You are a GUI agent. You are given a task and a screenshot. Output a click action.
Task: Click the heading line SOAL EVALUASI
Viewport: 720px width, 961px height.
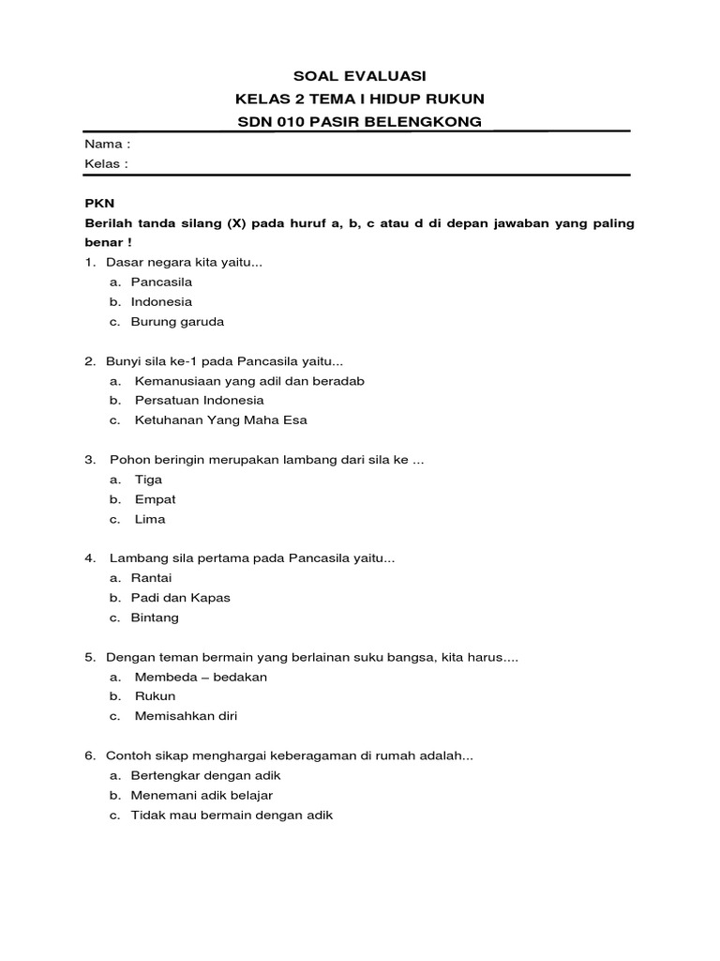click(360, 76)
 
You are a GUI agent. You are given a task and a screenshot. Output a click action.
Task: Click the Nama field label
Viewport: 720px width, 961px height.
click(107, 145)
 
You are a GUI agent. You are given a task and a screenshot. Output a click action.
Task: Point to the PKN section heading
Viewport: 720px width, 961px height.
click(98, 203)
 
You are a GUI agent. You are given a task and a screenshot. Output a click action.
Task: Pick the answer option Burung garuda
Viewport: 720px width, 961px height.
click(177, 321)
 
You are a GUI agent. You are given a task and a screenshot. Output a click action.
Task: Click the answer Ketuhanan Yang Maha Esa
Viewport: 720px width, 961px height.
click(220, 420)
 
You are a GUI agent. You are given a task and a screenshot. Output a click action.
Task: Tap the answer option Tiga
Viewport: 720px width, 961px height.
click(148, 480)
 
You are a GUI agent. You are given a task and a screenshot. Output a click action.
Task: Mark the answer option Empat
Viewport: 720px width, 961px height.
click(155, 499)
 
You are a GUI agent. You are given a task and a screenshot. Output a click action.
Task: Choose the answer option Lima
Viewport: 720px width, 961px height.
click(150, 519)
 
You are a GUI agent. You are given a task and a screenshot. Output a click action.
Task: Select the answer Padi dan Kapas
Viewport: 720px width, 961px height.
click(180, 598)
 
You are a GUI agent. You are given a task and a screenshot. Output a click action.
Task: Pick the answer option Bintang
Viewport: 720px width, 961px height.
click(155, 618)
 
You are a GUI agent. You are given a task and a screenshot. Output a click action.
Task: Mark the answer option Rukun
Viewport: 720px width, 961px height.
click(155, 696)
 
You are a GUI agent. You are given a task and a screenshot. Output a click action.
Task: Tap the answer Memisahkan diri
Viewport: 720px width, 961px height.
click(186, 716)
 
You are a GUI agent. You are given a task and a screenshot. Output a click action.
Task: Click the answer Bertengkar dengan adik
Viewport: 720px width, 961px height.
click(205, 775)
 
